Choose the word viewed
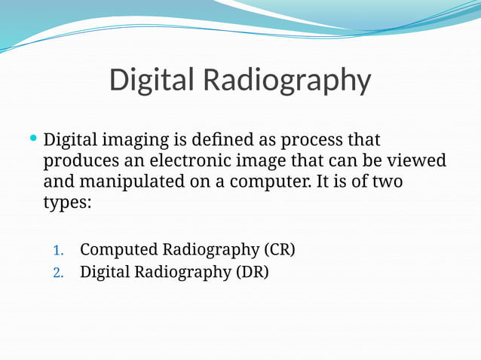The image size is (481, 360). (x=418, y=161)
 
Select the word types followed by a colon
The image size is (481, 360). (x=67, y=203)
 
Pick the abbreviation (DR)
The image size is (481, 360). (x=252, y=271)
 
